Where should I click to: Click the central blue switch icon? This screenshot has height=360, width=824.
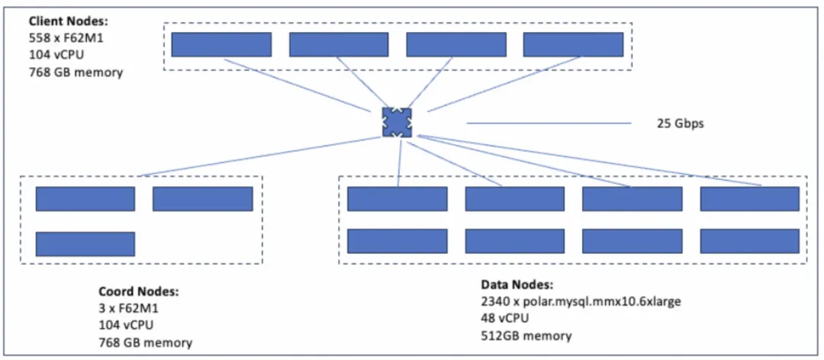[x=397, y=123]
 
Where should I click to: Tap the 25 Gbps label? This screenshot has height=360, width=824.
[x=680, y=124]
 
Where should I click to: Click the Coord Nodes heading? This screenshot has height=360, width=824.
[x=139, y=291]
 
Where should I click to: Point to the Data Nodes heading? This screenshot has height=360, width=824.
[x=517, y=284]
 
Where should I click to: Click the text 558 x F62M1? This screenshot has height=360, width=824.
[x=63, y=38]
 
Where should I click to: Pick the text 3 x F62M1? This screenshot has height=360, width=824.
[x=128, y=308]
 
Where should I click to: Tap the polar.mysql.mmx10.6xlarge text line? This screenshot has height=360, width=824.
[x=581, y=302]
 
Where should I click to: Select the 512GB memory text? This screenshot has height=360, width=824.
[x=526, y=336]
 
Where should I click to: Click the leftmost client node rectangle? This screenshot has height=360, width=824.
[x=221, y=44]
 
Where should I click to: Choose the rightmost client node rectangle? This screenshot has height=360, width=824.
[x=573, y=44]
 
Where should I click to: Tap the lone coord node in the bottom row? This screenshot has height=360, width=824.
[x=85, y=244]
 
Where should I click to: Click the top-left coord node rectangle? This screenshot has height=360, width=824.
[x=85, y=199]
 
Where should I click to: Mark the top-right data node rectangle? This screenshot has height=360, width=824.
[x=750, y=198]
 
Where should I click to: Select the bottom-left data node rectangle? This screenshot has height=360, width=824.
[x=398, y=241]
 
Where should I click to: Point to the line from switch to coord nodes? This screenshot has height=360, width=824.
[x=261, y=156]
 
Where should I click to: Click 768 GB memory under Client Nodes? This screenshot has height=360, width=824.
[x=76, y=72]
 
